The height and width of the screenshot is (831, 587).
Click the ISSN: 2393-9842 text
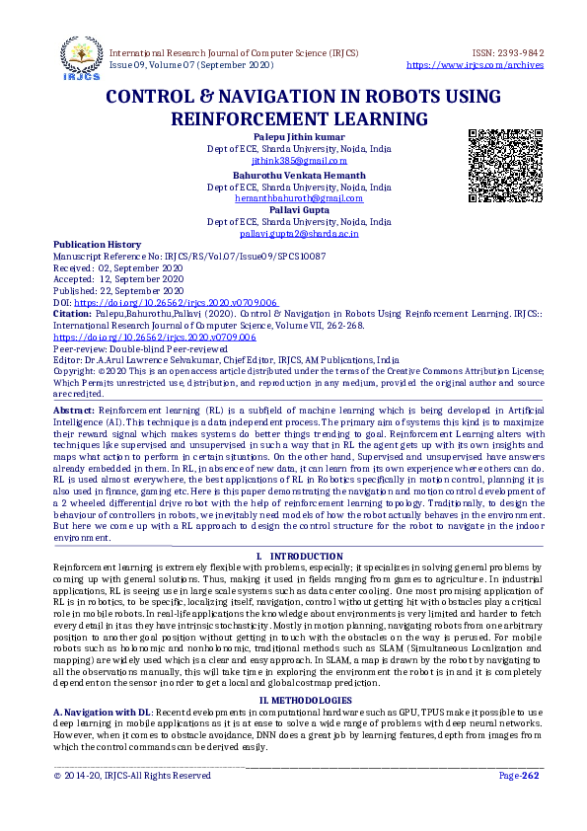click(502, 52)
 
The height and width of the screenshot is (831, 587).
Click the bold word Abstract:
click(75, 408)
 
